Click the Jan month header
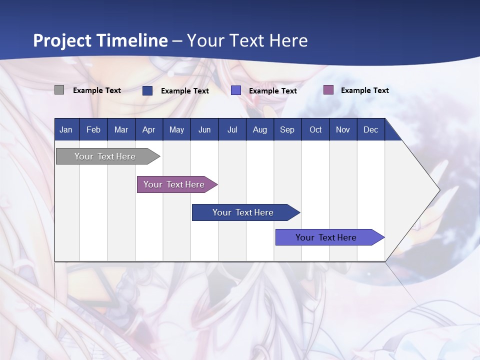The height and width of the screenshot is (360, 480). (x=66, y=130)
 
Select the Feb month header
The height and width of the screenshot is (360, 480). (x=93, y=130)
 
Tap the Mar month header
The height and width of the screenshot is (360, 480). (x=121, y=130)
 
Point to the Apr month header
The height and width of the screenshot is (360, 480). (x=148, y=130)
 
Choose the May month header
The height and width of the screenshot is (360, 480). (x=176, y=130)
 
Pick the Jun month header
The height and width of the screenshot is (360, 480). (x=204, y=130)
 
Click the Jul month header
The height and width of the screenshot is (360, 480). (x=232, y=130)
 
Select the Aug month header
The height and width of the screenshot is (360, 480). (x=260, y=130)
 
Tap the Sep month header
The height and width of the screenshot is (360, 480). (x=287, y=130)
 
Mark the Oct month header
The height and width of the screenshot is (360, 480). (x=315, y=130)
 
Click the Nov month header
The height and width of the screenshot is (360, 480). (x=343, y=130)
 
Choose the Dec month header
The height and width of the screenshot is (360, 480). (x=370, y=130)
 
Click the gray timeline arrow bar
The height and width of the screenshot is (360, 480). (x=105, y=156)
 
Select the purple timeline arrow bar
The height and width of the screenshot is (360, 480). (x=174, y=184)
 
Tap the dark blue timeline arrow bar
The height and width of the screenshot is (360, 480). (x=243, y=212)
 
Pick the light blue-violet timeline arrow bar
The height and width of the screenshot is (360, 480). (x=326, y=237)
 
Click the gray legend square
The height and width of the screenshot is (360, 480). (x=59, y=90)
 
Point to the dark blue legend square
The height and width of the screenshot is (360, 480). (x=147, y=90)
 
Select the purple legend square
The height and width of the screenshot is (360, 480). (x=328, y=90)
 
